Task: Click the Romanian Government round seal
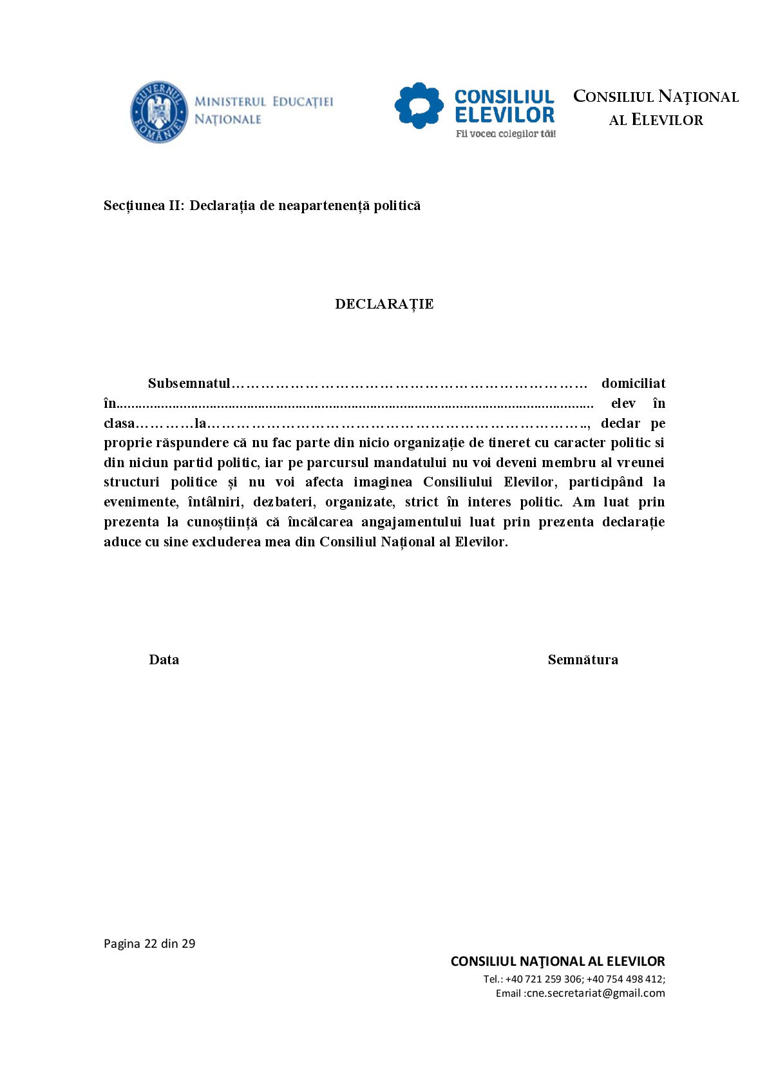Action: [x=159, y=112]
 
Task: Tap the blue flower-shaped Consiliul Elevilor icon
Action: [x=419, y=106]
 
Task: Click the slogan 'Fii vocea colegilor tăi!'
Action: [x=506, y=134]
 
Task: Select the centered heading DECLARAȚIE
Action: [x=384, y=304]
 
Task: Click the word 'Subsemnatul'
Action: [x=189, y=383]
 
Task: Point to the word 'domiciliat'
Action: [x=633, y=383]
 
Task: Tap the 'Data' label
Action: [x=164, y=660]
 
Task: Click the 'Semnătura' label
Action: [x=583, y=660]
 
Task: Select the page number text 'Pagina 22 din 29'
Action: [x=149, y=944]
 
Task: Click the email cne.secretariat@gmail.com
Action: [x=596, y=994]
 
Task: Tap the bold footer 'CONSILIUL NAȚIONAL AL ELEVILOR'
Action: [x=558, y=962]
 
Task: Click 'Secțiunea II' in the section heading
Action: [x=144, y=206]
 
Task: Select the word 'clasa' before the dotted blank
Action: [x=119, y=423]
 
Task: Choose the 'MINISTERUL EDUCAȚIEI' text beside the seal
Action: [x=264, y=102]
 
